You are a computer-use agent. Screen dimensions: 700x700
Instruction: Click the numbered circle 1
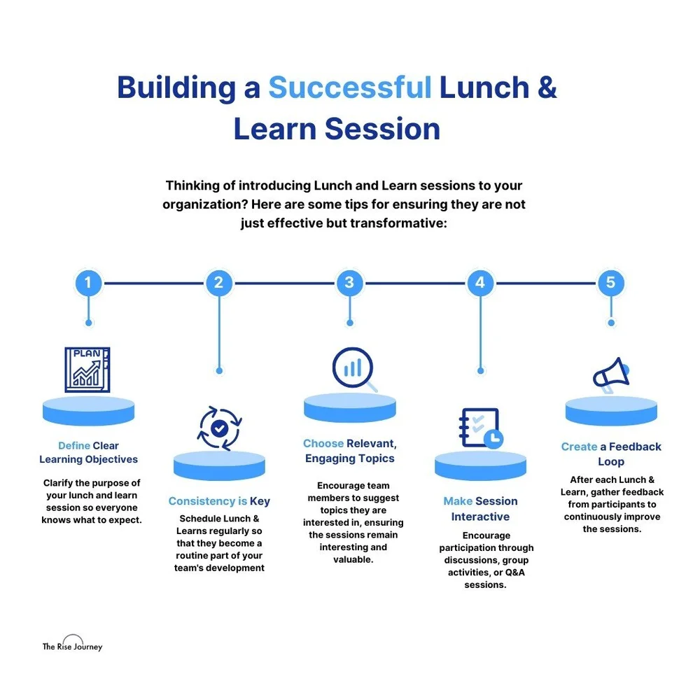(88, 283)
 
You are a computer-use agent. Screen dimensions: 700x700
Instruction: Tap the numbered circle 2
(219, 283)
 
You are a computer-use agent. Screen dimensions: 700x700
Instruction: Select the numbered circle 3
(349, 283)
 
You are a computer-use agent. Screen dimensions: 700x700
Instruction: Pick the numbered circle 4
(480, 283)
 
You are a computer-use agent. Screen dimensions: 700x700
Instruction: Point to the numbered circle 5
(610, 283)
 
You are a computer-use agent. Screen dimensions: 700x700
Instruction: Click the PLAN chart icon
(87, 369)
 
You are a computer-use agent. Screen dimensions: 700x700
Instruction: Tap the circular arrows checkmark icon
(219, 426)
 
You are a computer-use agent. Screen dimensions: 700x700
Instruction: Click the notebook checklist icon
(479, 428)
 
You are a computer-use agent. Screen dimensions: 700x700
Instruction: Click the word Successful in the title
(350, 89)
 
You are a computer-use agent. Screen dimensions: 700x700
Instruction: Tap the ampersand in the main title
(547, 89)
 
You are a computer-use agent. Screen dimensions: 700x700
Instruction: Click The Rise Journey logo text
(72, 647)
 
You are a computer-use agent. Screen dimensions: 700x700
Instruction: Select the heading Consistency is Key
(219, 501)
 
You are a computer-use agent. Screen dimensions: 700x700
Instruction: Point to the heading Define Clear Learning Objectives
(88, 452)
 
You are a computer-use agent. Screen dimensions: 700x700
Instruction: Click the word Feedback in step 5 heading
(635, 447)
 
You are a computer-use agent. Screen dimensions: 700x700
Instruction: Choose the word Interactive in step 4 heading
(480, 517)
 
